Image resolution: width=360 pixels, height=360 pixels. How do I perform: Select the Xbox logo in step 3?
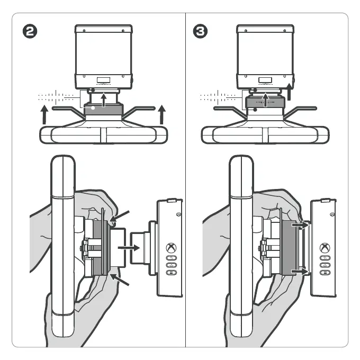[x=325, y=247]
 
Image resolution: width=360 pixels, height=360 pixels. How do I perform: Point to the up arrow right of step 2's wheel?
[x=163, y=114]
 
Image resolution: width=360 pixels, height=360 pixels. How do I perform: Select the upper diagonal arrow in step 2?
[x=121, y=217]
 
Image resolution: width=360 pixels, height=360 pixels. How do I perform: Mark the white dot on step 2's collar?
[x=93, y=108]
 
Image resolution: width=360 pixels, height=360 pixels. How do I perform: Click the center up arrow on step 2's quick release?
[x=104, y=100]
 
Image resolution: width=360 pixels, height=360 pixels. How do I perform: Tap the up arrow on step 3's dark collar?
[x=266, y=99]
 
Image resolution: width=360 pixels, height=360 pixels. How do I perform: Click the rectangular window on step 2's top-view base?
[x=103, y=80]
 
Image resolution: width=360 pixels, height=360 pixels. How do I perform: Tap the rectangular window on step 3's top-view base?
[x=265, y=80]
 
